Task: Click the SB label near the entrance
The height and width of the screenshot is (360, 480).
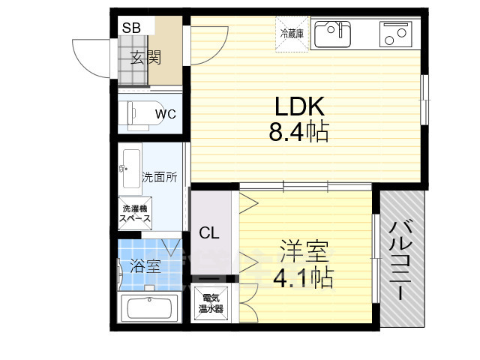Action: tap(131, 28)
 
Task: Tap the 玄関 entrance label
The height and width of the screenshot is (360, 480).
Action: tap(145, 58)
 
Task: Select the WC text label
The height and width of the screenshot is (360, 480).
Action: tap(165, 114)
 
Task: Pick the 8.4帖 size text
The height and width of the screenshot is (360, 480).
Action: tap(298, 133)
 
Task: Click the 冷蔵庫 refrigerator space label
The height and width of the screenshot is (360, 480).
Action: tap(291, 34)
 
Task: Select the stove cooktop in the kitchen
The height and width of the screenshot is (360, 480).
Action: tap(395, 34)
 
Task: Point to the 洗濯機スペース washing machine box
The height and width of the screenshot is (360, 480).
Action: tap(136, 213)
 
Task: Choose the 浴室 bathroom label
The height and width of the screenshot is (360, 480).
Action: tap(145, 265)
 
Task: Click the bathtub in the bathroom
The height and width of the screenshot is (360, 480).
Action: tap(150, 308)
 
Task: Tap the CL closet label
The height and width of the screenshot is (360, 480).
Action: tap(209, 233)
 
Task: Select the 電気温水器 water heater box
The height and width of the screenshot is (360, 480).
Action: tap(210, 304)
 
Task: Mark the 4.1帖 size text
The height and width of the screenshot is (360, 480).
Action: tap(303, 279)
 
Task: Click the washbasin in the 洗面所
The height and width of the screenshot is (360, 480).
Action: tap(129, 166)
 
